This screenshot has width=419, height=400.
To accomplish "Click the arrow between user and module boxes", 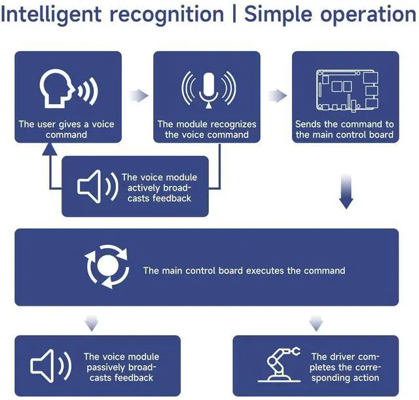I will (138, 96).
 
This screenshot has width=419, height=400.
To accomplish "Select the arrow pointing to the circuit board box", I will (277, 96).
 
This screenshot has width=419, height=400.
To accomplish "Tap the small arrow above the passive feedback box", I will (92, 322).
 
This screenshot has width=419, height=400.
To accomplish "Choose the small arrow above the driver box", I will (316, 322).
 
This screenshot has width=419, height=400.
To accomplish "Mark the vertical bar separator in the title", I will (233, 14).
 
